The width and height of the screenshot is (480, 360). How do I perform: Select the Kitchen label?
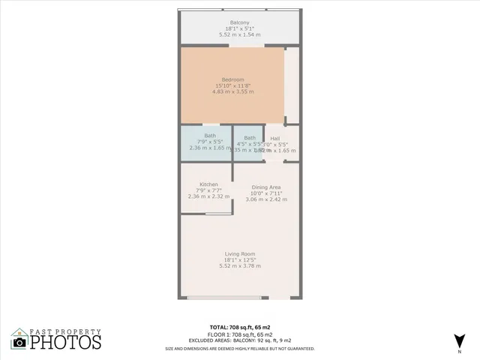click(208, 184)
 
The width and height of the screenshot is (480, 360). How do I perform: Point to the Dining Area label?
click(266, 187)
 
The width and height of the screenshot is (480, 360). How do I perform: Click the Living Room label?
click(240, 253)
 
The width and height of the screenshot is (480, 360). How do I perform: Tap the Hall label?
click(275, 138)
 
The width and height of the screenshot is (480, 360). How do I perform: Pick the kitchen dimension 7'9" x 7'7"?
click(208, 190)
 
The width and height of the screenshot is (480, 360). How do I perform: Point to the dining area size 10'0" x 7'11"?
click(266, 193)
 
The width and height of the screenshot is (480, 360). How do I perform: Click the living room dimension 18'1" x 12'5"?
click(240, 259)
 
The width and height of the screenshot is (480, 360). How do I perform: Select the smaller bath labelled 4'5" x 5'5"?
click(249, 142)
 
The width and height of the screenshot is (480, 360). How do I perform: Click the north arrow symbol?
click(458, 340)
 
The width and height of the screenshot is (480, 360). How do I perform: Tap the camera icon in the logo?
click(20, 342)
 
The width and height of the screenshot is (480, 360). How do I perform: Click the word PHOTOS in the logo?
click(65, 343)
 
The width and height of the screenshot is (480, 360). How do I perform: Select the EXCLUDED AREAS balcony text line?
click(240, 340)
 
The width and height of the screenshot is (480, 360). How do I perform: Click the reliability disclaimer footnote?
click(240, 348)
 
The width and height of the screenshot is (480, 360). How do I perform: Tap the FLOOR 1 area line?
click(240, 334)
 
